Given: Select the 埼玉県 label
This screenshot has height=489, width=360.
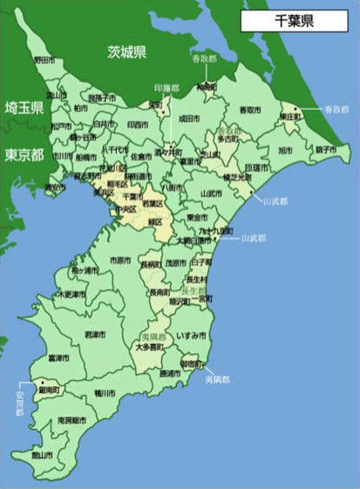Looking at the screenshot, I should (24, 108).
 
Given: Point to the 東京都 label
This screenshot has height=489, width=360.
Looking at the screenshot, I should (24, 154).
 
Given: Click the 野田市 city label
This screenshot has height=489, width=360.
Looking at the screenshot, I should (43, 60).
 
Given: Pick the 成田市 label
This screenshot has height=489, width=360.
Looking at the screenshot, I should (189, 119).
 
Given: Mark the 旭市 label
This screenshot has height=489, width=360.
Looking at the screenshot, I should (285, 151).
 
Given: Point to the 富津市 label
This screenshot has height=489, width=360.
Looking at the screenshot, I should (58, 357).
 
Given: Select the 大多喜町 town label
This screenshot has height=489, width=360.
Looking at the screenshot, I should (150, 347).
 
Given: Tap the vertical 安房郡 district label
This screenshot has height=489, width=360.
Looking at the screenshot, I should (18, 402).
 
